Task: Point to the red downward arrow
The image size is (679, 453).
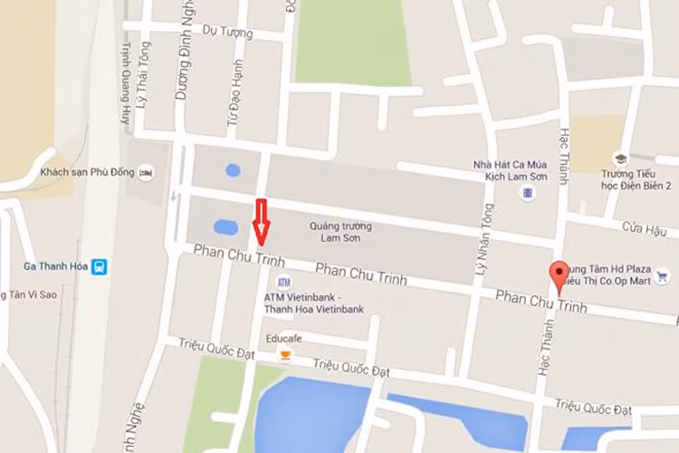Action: click(x=262, y=221)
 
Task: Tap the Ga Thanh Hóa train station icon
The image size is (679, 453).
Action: click(x=100, y=266)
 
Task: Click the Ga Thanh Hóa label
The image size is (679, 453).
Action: click(x=53, y=266)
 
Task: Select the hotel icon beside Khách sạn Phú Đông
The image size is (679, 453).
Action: click(x=147, y=172)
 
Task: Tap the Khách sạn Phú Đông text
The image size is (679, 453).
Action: click(x=87, y=172)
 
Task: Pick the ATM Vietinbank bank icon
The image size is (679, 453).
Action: click(x=284, y=282)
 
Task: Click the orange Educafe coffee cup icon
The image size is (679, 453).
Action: click(x=286, y=356)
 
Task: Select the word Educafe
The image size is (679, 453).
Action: click(x=283, y=339)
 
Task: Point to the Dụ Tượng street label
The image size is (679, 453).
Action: click(x=227, y=32)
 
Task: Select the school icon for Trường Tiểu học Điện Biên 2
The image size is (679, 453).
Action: click(x=620, y=159)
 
